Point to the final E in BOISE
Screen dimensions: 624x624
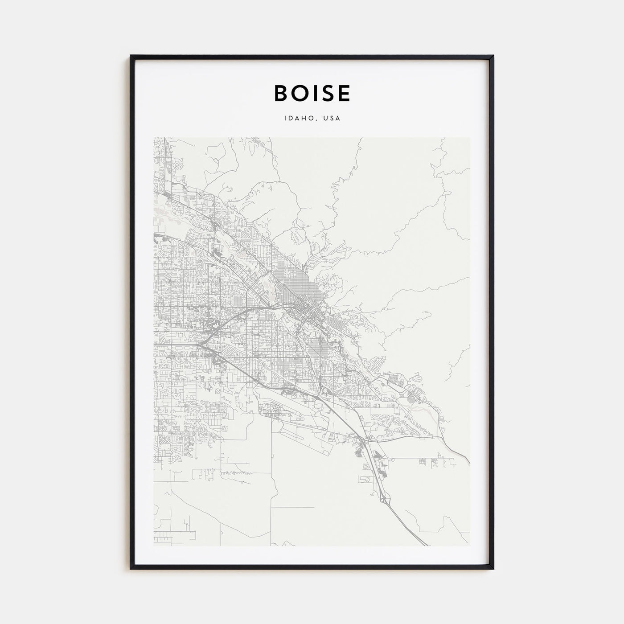344,93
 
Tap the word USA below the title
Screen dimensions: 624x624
332,119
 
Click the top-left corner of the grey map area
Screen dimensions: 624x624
154,138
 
